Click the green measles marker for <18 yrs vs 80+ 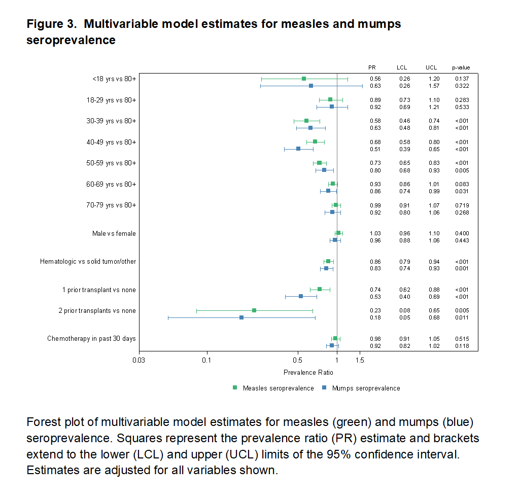[x=304, y=79]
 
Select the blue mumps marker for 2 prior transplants [x=241, y=317]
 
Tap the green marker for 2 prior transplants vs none [x=254, y=310]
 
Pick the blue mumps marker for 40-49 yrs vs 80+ [x=298, y=149]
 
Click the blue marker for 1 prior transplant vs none [x=301, y=296]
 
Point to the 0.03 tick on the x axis [x=138, y=361]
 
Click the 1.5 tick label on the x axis [x=360, y=361]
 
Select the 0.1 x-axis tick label [x=206, y=361]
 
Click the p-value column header [x=461, y=67]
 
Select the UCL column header [x=432, y=67]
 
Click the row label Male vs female [x=114, y=233]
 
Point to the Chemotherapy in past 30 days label [x=91, y=338]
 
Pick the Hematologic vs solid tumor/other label [x=88, y=262]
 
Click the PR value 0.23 [x=375, y=310]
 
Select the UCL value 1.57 [x=432, y=86]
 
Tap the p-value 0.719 [x=462, y=205]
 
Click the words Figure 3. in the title [x=51, y=24]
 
